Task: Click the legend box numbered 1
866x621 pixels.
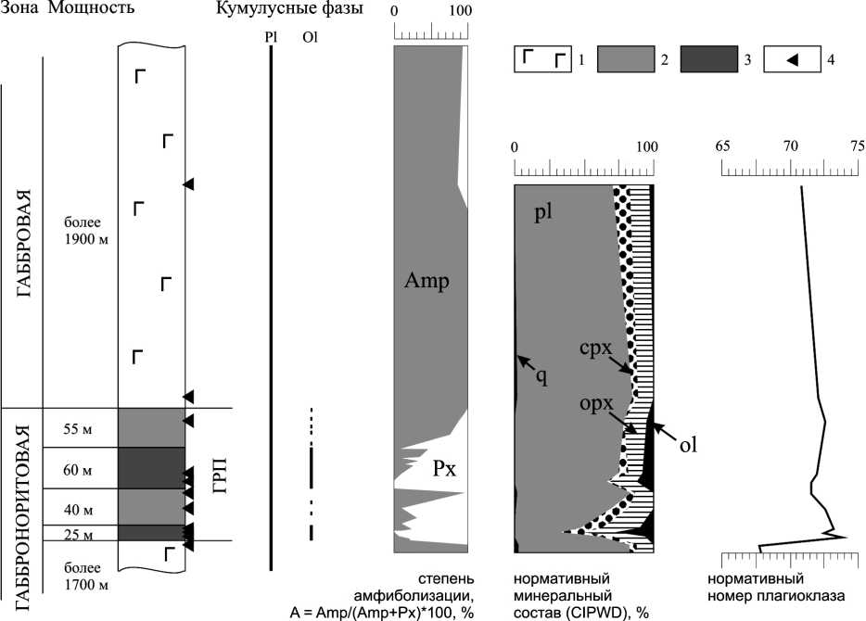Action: coord(541,60)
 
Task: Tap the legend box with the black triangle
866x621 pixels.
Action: coord(792,60)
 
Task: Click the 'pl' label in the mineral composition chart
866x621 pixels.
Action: coord(543,212)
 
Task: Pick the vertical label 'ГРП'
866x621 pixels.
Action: coord(219,476)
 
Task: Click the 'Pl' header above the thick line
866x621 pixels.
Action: coord(270,38)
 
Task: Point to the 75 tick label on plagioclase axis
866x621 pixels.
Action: coord(857,146)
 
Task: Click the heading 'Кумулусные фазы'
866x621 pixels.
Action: coord(288,9)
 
